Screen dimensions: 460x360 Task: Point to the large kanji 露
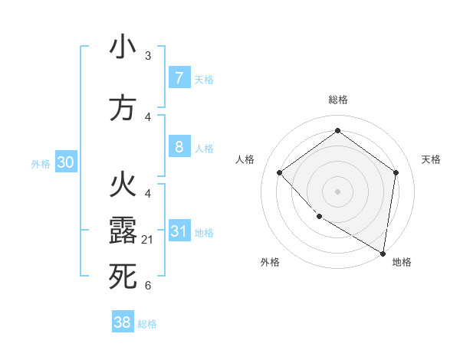click(123, 231)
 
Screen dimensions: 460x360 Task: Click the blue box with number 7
click(179, 78)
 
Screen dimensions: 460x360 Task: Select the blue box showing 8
click(179, 147)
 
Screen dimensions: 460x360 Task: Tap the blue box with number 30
click(65, 162)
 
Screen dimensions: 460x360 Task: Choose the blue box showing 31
click(179, 231)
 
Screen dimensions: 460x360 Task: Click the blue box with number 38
click(122, 322)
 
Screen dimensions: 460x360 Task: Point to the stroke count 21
click(148, 241)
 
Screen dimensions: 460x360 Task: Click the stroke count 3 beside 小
click(148, 56)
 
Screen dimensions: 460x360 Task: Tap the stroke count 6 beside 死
click(148, 286)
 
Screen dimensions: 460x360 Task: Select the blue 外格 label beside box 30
click(41, 163)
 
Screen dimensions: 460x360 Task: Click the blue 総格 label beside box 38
click(147, 324)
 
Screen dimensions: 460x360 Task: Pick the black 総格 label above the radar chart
click(337, 100)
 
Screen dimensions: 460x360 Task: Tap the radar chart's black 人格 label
click(245, 159)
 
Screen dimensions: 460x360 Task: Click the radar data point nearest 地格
click(382, 253)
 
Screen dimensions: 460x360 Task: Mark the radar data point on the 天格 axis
click(396, 172)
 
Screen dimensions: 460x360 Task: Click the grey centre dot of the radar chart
click(337, 191)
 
